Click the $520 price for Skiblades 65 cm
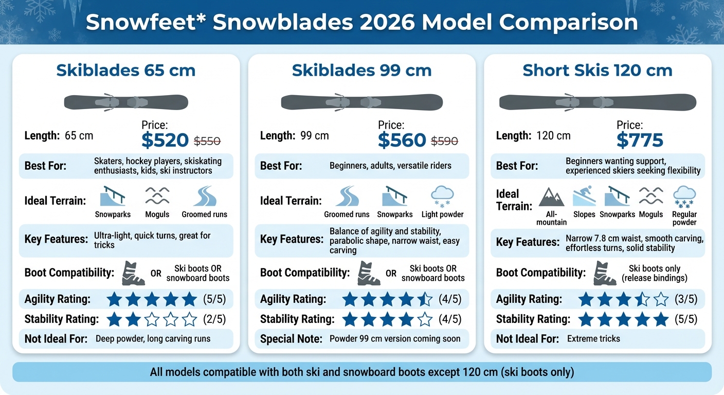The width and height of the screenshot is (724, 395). (x=165, y=140)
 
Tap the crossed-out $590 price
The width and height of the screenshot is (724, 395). (x=444, y=140)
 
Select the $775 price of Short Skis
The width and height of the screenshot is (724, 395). (x=640, y=140)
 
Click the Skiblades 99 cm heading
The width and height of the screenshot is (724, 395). (x=361, y=70)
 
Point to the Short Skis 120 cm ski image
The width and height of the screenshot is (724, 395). (x=598, y=102)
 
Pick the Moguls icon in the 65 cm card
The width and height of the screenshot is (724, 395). (x=157, y=196)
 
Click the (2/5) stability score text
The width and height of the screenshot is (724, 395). (x=215, y=319)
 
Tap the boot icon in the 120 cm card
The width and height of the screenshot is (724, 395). (x=604, y=273)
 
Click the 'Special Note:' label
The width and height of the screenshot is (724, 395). (x=291, y=339)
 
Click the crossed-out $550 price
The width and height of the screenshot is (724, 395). (x=207, y=140)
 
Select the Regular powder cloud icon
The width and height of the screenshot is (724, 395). (x=684, y=196)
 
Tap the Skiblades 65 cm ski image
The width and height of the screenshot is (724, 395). (x=126, y=102)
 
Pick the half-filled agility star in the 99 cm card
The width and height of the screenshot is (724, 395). (x=425, y=299)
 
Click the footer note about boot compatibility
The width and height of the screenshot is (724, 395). (x=361, y=372)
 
